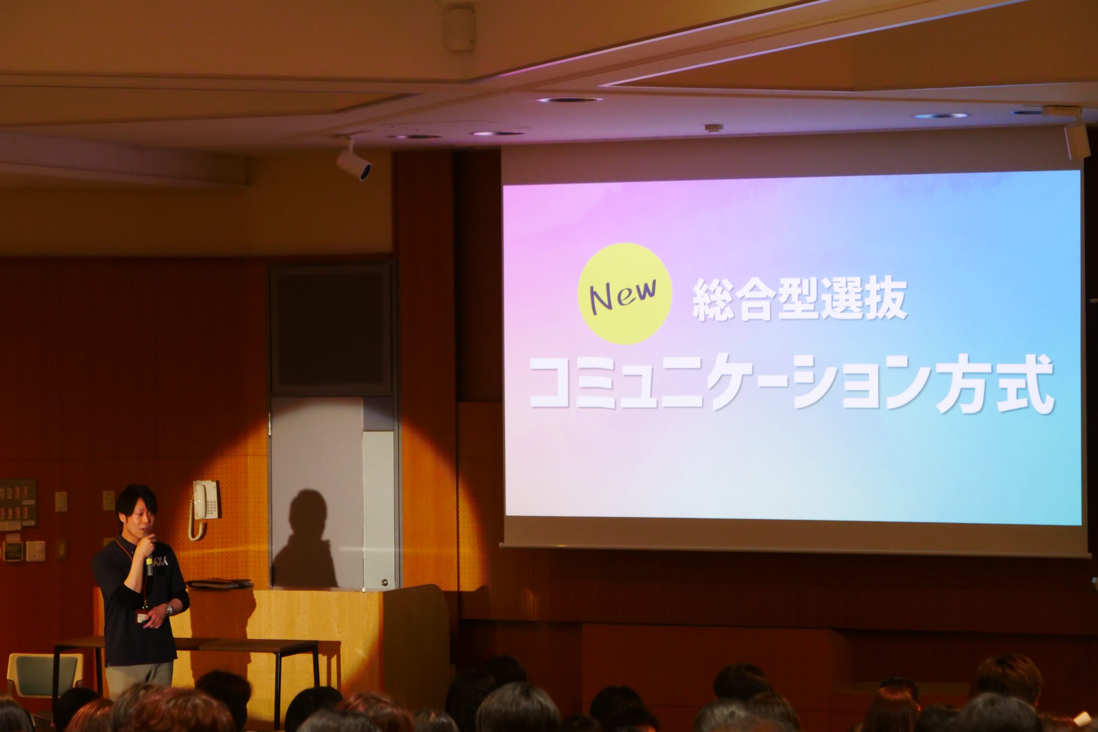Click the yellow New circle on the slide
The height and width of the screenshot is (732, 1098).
(x=624, y=293)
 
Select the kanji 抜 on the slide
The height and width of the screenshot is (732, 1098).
(x=886, y=298)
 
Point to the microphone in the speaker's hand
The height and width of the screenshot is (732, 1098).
(x=149, y=563)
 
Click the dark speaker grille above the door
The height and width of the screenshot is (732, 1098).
(x=331, y=329)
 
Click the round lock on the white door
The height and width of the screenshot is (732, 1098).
(x=384, y=582)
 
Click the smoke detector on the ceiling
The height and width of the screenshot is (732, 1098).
(x=713, y=128)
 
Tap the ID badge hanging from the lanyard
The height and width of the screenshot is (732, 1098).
(x=142, y=618)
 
